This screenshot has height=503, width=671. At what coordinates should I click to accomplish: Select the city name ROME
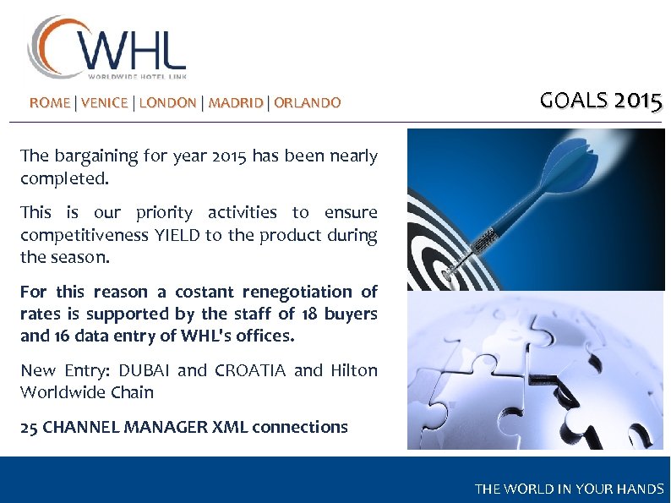pyautogui.click(x=50, y=103)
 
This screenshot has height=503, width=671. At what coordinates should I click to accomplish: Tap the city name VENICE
pyautogui.click(x=105, y=103)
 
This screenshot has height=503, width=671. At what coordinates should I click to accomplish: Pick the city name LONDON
pyautogui.click(x=167, y=103)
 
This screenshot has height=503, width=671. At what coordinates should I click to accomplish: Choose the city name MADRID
pyautogui.click(x=236, y=103)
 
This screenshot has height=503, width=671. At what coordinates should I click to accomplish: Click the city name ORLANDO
pyautogui.click(x=308, y=103)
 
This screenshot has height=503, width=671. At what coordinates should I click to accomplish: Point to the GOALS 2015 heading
pyautogui.click(x=601, y=101)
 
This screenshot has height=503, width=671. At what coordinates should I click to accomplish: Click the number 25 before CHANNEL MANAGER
pyautogui.click(x=29, y=427)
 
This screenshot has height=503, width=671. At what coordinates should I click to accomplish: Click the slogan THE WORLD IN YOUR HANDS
pyautogui.click(x=569, y=489)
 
